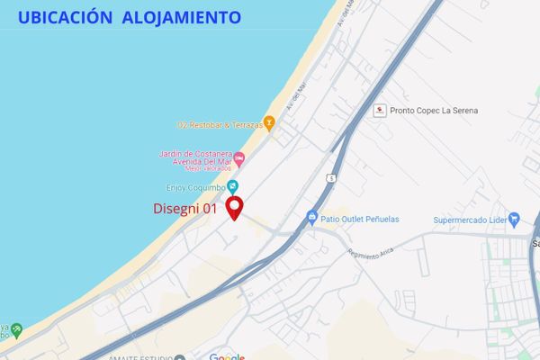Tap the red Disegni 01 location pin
(234, 206)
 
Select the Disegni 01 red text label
(185, 208)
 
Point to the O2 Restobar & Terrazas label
(220, 123)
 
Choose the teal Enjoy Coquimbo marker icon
(233, 186)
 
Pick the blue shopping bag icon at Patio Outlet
(311, 217)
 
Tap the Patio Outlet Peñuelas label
(360, 218)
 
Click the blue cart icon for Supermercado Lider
(514, 217)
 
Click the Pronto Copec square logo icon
(380, 110)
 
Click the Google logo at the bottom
(227, 356)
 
